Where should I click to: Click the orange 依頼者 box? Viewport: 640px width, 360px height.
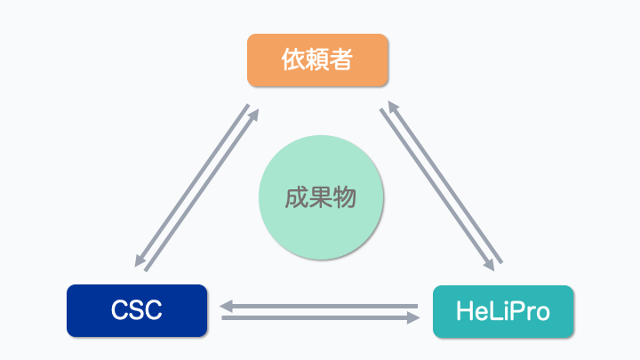coord(317,60)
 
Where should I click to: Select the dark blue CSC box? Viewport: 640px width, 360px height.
coord(137,311)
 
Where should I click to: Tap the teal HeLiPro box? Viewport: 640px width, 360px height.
coord(503,312)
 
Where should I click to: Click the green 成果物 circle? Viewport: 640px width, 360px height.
coord(321,197)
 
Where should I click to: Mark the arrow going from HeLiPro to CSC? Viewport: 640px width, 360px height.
coord(320,307)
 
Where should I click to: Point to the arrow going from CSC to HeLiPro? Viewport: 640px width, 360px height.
coord(320,317)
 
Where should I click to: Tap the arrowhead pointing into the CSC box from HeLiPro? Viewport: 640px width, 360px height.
coord(227,307)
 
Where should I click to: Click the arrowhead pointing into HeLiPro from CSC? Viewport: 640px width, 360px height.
coord(413,317)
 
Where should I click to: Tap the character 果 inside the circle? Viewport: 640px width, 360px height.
coord(321,197)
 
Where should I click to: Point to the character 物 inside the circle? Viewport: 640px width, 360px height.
coord(344,197)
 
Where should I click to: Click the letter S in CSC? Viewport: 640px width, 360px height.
coord(137,311)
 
